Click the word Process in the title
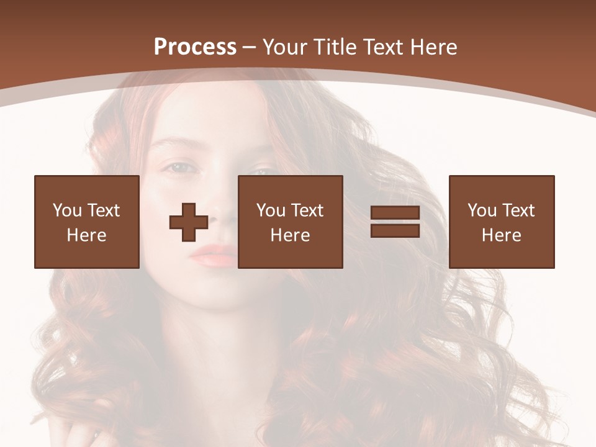(x=195, y=47)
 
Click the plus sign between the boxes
(x=189, y=222)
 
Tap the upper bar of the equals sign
(x=395, y=213)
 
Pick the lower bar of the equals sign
(x=395, y=230)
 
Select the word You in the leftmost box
(x=67, y=210)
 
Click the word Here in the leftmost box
(x=86, y=235)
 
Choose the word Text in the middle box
(x=307, y=210)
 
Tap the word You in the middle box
(x=271, y=210)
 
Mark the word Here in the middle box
(x=290, y=235)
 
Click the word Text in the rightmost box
(x=518, y=210)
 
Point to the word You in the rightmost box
(x=482, y=210)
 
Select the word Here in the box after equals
(x=501, y=235)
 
